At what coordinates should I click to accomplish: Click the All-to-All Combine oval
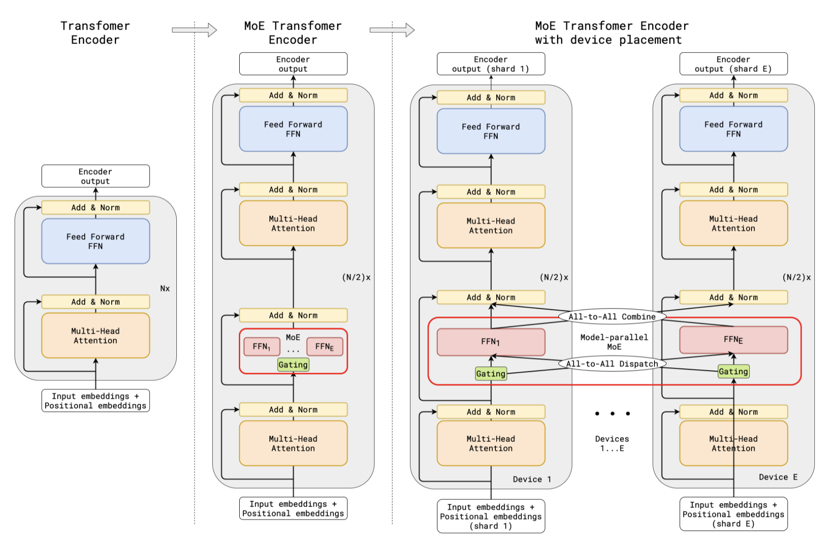pos(612,317)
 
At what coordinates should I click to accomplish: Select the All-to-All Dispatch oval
pos(612,364)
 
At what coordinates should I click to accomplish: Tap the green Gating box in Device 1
pos(490,374)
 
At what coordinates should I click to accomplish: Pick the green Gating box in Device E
pos(733,371)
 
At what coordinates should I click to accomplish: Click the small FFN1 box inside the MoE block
pos(262,347)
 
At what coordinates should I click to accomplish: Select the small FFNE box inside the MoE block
pos(324,347)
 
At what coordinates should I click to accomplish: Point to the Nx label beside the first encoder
pos(165,288)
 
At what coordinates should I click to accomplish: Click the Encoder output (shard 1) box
pos(490,64)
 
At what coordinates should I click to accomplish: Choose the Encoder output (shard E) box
pos(733,64)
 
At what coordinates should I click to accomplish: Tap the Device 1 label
pos(531,479)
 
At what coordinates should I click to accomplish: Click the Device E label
pos(777,477)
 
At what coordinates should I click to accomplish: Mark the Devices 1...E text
pos(612,443)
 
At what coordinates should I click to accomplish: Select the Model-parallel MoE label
pos(613,342)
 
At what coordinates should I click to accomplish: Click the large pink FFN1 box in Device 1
pos(490,342)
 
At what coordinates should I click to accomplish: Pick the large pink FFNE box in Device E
pos(733,340)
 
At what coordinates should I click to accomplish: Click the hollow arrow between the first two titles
pos(194,30)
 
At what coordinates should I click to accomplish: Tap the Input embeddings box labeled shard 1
pos(490,516)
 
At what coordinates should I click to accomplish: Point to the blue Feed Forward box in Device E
pos(733,129)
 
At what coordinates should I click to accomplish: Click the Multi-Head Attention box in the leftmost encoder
pos(95,335)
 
